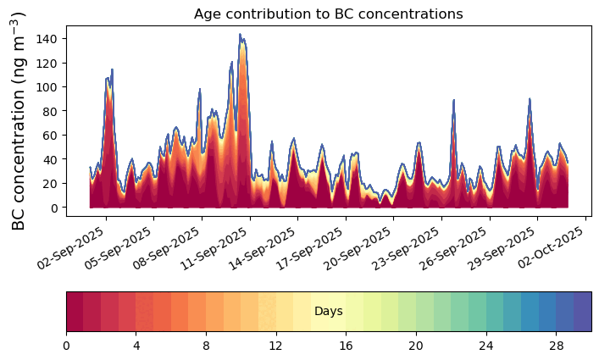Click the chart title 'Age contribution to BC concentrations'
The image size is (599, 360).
328,14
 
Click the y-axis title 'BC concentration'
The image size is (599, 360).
19,121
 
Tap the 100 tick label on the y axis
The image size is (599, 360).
49,87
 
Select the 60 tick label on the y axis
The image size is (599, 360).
53,136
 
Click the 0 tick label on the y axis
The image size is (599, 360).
55,208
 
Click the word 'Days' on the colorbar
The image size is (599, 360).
328,312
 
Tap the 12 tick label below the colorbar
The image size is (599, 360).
275,346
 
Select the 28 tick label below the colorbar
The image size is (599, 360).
555,346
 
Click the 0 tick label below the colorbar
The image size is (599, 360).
66,346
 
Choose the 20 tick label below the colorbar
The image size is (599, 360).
415,346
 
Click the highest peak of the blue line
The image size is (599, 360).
240,35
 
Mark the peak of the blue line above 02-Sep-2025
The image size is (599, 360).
111,70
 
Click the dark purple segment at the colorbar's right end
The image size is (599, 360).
582,312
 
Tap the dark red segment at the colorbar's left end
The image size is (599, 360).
75,312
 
